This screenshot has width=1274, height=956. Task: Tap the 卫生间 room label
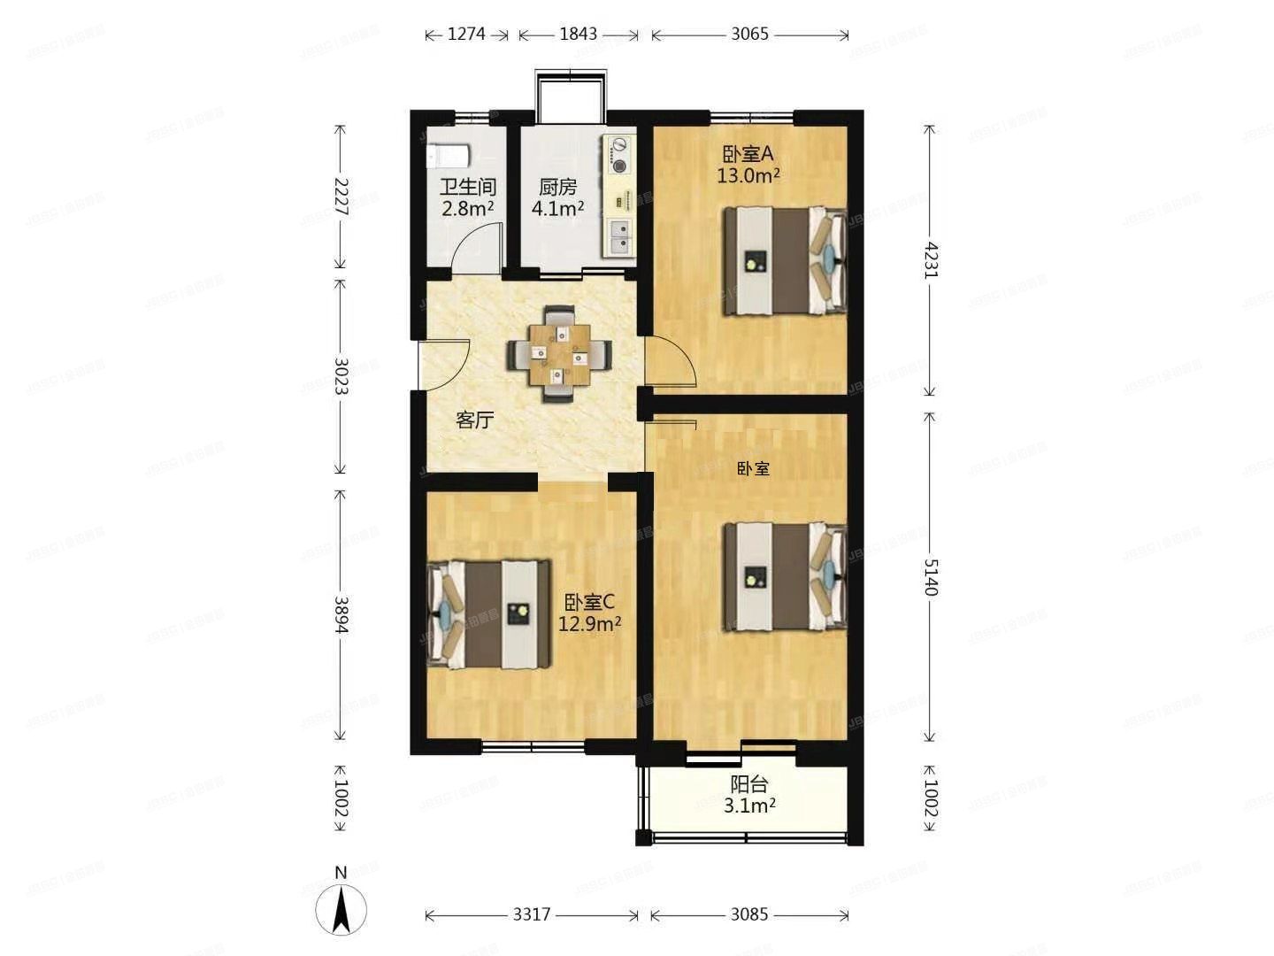468,188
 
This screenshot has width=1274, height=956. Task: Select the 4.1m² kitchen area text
557,209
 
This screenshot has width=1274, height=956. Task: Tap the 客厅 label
474,420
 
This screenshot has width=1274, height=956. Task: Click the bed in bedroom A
784,261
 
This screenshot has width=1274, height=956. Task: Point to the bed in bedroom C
488,613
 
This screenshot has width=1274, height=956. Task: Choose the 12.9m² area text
589,623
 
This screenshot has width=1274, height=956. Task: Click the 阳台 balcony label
748,784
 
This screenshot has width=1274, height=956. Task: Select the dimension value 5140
929,577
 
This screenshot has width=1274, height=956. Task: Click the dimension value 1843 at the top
578,35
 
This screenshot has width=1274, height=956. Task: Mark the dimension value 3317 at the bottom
532,914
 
